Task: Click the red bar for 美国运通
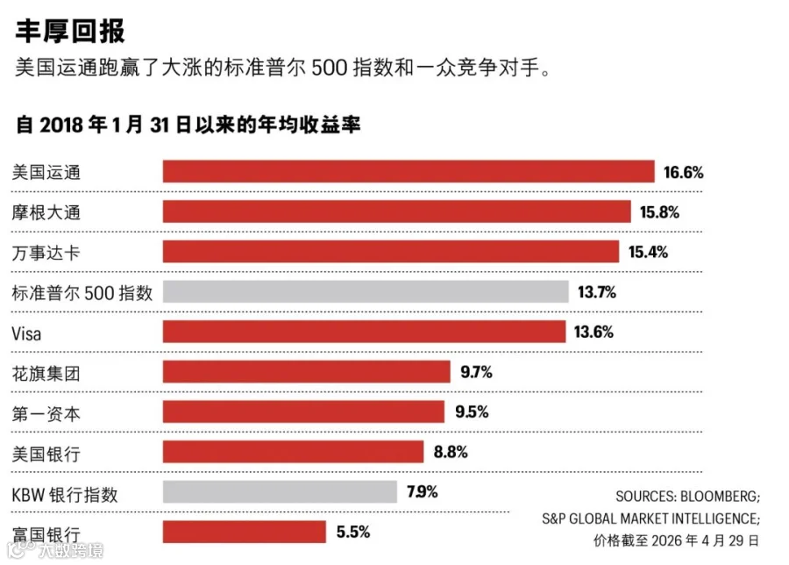(409, 171)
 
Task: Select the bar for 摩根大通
(396, 211)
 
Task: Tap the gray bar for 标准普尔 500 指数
(366, 291)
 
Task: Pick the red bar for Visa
(365, 332)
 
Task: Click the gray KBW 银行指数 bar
(280, 492)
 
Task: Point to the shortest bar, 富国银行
(244, 533)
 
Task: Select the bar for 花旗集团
(307, 372)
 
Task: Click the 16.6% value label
(683, 173)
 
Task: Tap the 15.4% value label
(648, 252)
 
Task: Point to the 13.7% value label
(597, 292)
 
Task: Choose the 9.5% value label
(472, 412)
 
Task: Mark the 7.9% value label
(423, 491)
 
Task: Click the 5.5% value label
(353, 532)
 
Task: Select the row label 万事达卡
(46, 253)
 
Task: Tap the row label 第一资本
(46, 414)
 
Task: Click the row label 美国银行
(46, 454)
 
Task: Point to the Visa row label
(26, 334)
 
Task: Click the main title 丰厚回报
(70, 31)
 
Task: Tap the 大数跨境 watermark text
(71, 550)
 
